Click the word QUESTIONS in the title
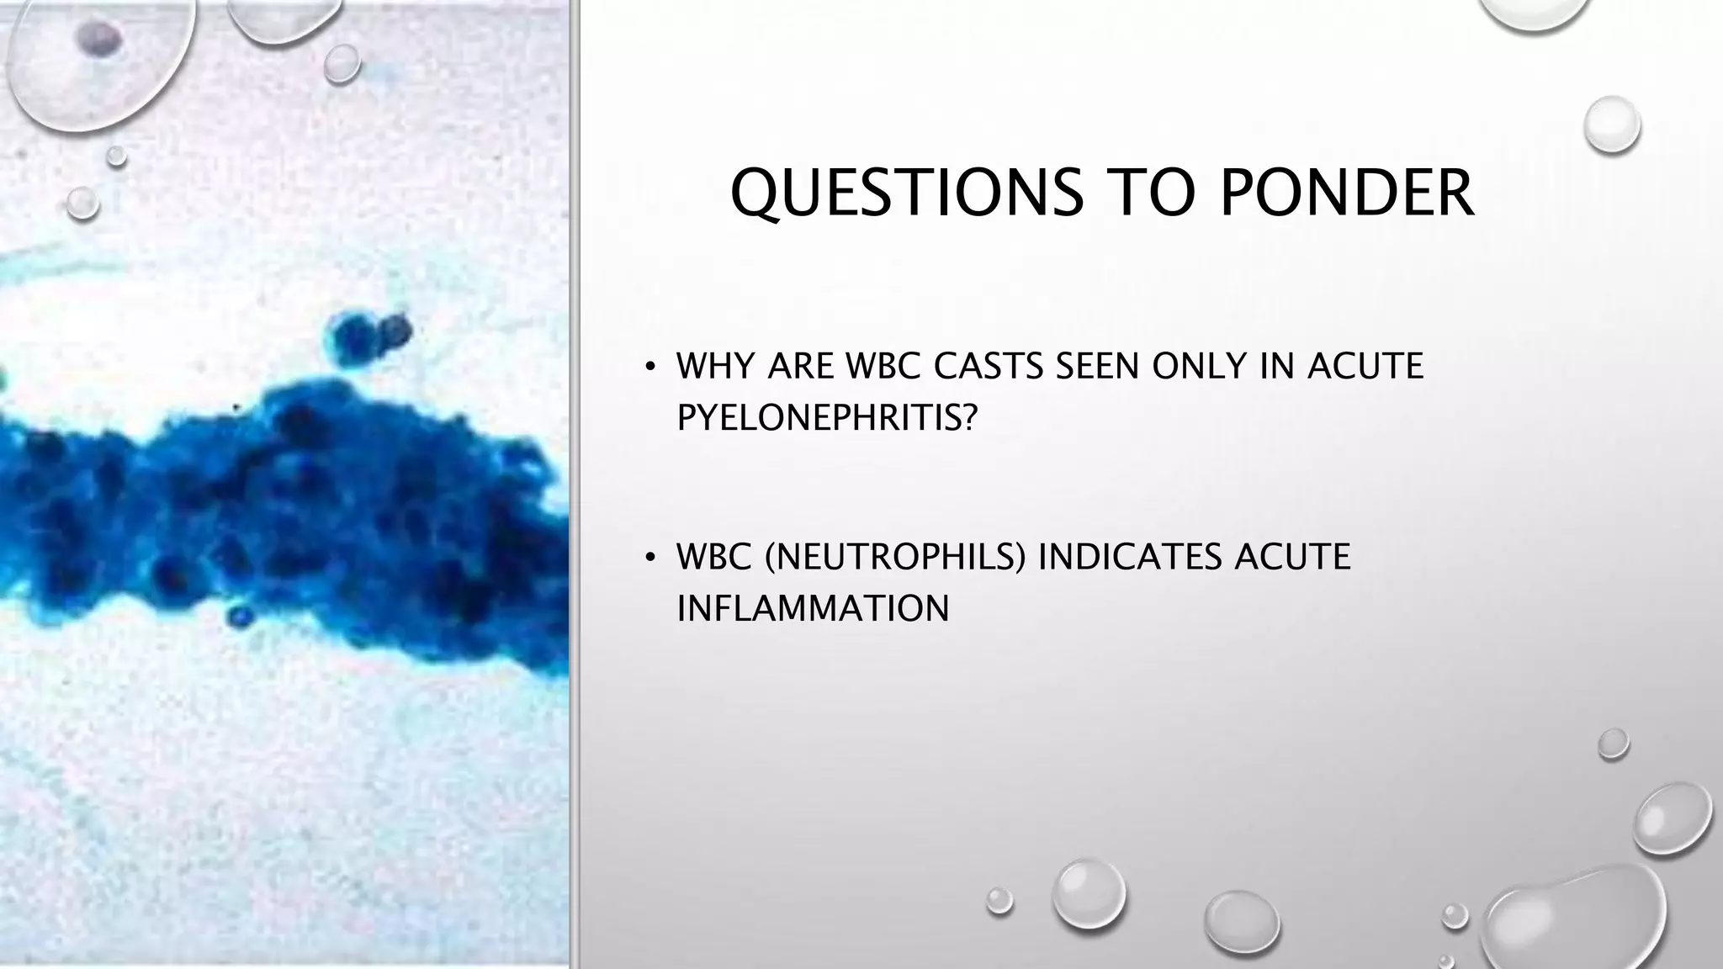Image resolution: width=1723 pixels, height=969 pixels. click(907, 193)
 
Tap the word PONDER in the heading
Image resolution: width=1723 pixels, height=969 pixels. click(1346, 193)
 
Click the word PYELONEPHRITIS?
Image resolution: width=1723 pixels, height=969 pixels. click(827, 416)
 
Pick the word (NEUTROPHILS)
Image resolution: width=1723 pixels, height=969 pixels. click(895, 557)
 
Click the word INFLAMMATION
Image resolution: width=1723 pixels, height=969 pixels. click(813, 608)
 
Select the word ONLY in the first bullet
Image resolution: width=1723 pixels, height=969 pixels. click(1198, 366)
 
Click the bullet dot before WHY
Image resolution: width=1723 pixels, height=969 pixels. click(649, 367)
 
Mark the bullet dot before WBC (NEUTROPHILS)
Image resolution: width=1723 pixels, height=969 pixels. click(649, 558)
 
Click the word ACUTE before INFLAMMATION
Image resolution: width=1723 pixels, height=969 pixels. click(1292, 557)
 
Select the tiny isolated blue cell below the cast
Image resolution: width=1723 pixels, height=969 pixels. click(241, 617)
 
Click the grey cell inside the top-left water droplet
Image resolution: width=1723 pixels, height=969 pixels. click(99, 39)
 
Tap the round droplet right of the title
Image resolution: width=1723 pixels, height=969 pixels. click(1611, 124)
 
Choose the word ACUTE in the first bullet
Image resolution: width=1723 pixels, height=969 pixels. click(1365, 366)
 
